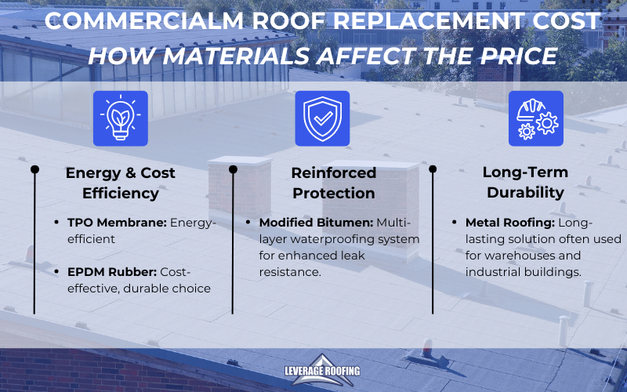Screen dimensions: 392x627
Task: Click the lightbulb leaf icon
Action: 120,118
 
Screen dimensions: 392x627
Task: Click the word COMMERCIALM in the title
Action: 145,21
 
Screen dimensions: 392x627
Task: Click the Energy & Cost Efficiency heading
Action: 120,182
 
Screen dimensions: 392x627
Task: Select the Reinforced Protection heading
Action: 333,182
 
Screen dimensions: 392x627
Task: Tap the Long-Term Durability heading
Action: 525,182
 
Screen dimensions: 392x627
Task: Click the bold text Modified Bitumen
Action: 308,223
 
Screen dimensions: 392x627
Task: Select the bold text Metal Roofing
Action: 510,223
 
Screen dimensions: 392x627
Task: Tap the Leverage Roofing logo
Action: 313,374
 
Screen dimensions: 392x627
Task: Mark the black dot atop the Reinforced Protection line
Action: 232,169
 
